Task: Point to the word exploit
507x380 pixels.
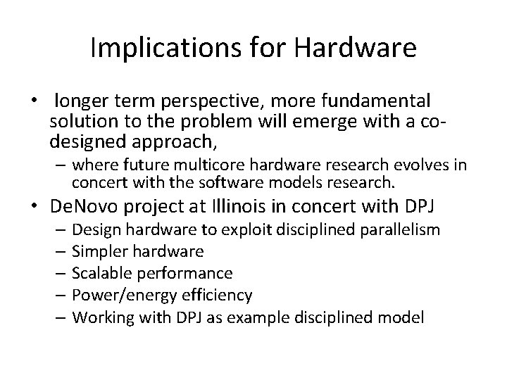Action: pos(228,229)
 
